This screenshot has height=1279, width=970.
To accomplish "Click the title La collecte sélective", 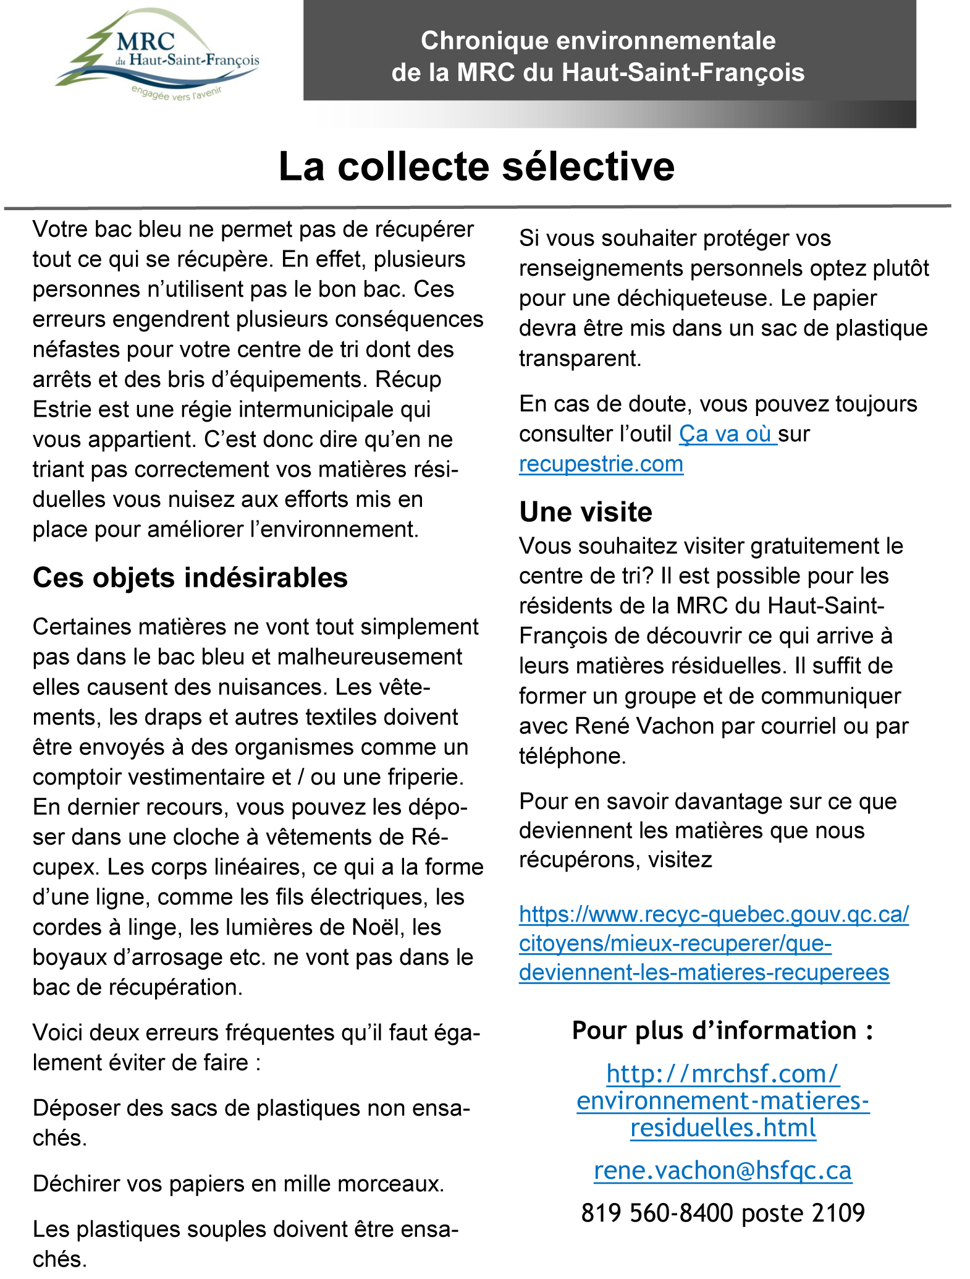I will coord(476,167).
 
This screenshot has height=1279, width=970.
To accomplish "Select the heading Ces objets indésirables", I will coord(190,578).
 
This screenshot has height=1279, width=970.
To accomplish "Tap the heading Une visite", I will coord(585,512).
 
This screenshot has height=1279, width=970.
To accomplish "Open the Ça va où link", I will coord(727,435).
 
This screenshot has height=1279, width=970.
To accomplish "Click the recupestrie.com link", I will coord(601,464).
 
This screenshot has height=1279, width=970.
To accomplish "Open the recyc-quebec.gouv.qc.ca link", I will coord(714,943).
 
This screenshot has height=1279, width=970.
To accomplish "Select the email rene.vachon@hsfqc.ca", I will coord(723,1171).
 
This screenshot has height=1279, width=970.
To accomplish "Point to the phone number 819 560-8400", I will coord(656,1213).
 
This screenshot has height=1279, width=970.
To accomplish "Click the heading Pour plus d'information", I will coord(722,1030).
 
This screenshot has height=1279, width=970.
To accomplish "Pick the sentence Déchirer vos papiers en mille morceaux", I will coord(238,1183).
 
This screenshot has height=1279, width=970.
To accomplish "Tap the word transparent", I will coord(580,359).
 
